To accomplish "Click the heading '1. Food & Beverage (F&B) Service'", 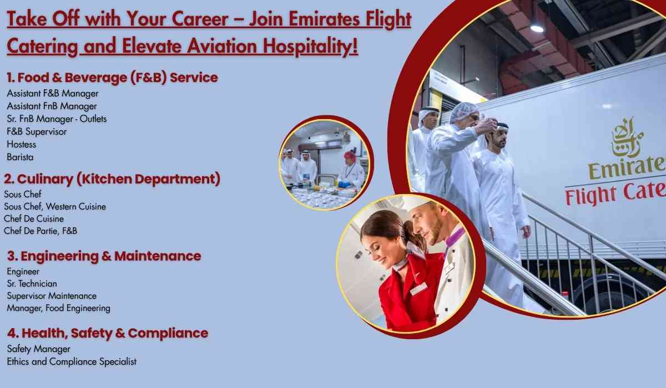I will tap(112, 78).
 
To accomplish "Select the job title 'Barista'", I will tap(20, 157).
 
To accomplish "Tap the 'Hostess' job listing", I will tap(21, 144).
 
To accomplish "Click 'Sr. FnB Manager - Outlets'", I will tap(57, 119).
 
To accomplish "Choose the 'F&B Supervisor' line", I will tap(37, 131).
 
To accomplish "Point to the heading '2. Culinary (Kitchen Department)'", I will tap(112, 179).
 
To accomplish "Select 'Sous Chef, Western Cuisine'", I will tap(54, 206).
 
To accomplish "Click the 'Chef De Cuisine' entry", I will tap(33, 218).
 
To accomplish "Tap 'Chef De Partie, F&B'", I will tap(40, 231).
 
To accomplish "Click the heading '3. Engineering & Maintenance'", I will tap(104, 256).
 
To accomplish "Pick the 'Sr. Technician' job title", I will tap(32, 284).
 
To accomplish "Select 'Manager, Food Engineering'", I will tap(58, 308).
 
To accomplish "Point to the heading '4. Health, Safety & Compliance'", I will tap(107, 333).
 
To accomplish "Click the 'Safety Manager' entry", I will tap(38, 349).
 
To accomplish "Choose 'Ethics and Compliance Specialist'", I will tap(72, 361).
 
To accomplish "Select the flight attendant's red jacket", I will tap(405, 294).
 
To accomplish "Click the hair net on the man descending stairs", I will tap(463, 110).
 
